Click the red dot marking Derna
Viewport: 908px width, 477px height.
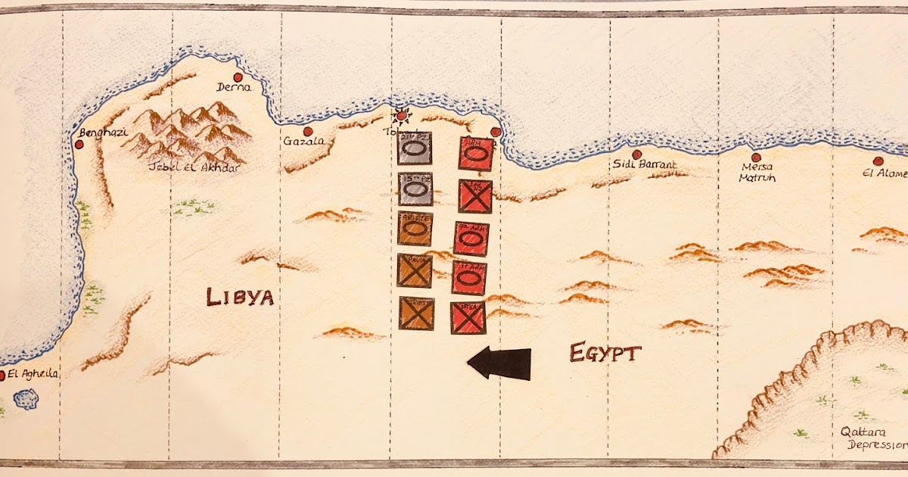click(x=238, y=77)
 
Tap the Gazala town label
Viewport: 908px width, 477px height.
click(x=303, y=142)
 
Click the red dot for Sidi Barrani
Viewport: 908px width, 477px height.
click(x=636, y=154)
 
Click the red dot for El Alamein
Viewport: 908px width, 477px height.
click(x=878, y=161)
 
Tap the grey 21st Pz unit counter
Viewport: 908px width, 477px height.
click(x=415, y=148)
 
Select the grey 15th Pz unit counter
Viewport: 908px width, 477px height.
click(x=414, y=189)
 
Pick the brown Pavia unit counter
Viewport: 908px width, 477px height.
click(x=415, y=270)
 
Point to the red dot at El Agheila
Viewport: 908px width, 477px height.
click(x=2, y=375)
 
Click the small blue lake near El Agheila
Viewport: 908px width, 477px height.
click(x=26, y=399)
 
